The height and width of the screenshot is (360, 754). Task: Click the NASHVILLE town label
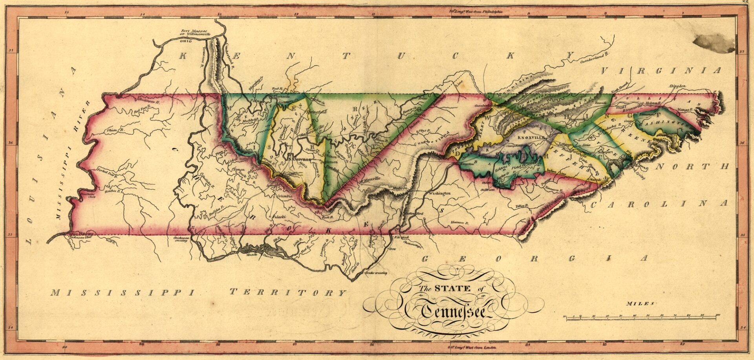(x=298, y=160)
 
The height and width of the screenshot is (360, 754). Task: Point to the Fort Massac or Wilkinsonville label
(x=195, y=33)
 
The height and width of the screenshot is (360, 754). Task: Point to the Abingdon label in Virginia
(x=677, y=86)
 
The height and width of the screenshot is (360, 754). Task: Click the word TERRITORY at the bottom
(x=287, y=292)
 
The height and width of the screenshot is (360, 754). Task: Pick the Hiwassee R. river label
(x=460, y=222)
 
